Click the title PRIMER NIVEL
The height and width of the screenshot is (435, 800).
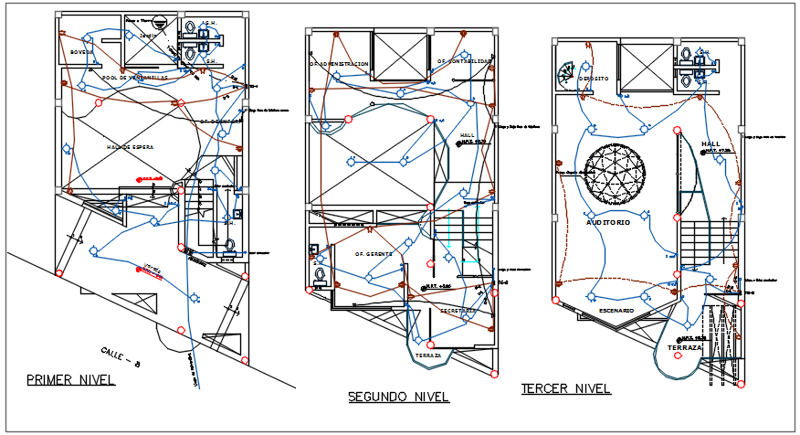(x=70, y=380)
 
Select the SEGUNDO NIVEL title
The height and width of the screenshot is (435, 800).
(x=398, y=397)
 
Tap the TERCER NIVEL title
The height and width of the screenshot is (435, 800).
(x=565, y=388)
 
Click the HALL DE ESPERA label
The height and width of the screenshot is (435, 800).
(x=131, y=147)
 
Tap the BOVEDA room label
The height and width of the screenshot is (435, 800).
(x=81, y=52)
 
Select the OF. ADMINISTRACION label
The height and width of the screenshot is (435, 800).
(x=339, y=64)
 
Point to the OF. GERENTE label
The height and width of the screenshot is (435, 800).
(x=373, y=254)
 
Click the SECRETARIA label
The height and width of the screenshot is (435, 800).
(x=457, y=310)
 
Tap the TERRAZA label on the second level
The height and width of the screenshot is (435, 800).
(x=427, y=355)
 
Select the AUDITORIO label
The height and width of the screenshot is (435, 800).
(x=607, y=222)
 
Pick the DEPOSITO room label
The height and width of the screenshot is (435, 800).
(x=594, y=78)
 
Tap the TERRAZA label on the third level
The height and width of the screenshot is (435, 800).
(x=685, y=348)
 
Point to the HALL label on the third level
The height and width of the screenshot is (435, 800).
(x=711, y=144)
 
